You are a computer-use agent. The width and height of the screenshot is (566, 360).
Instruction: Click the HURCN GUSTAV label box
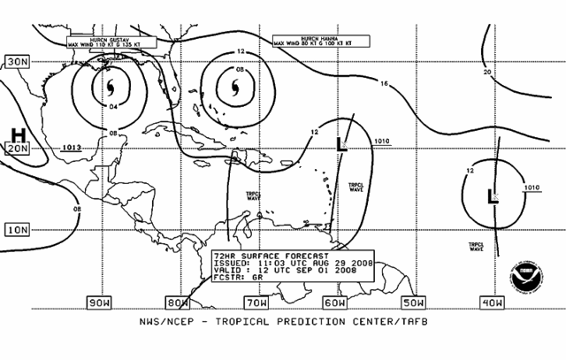111,41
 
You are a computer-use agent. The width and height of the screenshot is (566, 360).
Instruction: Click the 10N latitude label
16,230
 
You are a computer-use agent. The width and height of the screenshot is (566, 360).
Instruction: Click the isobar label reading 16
384,84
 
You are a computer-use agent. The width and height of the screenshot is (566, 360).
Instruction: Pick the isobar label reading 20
487,73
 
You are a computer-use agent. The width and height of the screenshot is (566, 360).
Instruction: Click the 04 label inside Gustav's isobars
112,108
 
